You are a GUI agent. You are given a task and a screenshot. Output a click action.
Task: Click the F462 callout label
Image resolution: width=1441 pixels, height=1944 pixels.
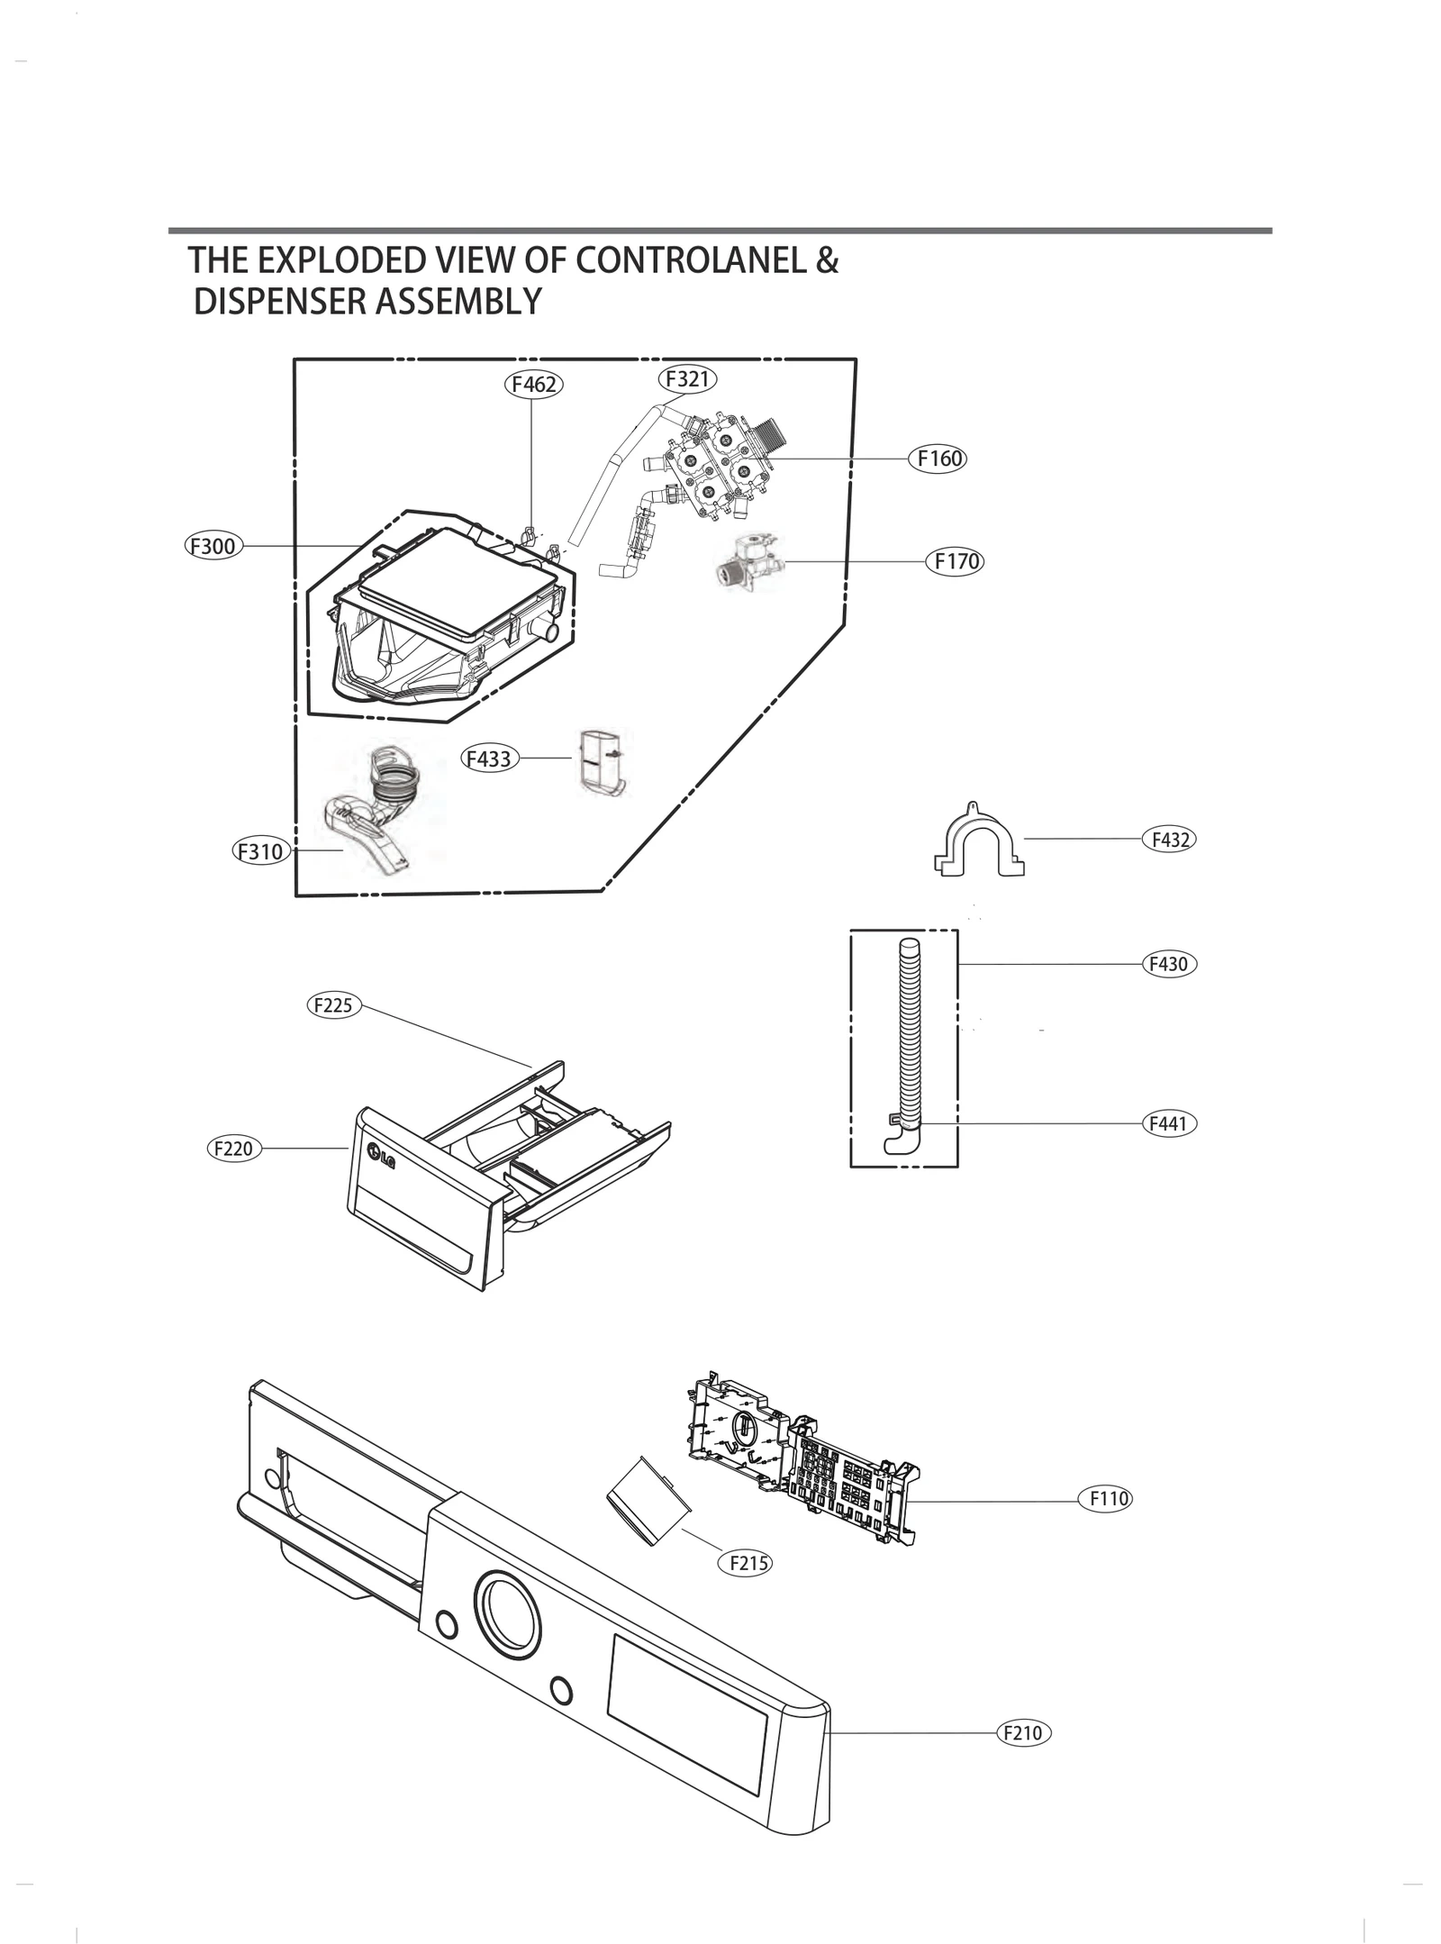[532, 385]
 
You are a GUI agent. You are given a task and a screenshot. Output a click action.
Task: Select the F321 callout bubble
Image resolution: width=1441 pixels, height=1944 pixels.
[687, 379]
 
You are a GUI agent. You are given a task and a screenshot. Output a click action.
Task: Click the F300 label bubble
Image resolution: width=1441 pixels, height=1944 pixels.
[213, 546]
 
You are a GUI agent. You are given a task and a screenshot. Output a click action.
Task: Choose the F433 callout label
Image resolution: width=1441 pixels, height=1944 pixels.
[489, 759]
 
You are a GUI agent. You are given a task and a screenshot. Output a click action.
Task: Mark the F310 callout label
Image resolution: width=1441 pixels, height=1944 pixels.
[260, 851]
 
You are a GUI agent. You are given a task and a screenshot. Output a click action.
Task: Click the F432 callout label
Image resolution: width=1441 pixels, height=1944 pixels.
[1169, 840]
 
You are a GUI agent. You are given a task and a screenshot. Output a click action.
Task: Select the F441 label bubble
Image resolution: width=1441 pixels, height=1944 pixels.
[1168, 1124]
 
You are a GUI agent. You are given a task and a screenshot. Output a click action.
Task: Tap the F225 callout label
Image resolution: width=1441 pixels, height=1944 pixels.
[334, 1005]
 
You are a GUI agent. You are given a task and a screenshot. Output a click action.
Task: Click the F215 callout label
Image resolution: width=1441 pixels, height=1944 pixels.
[744, 1563]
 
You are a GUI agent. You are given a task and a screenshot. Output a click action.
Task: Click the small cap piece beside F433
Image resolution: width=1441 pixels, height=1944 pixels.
[602, 762]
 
